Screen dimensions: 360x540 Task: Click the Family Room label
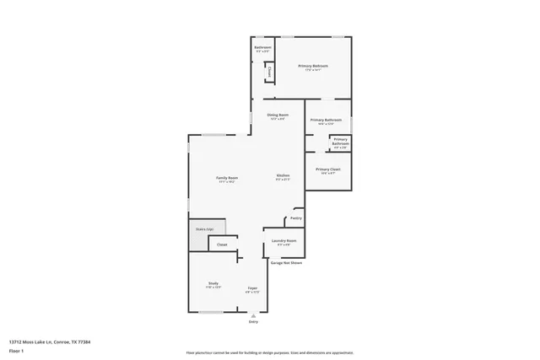click(x=227, y=178)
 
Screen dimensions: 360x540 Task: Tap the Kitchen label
click(x=283, y=175)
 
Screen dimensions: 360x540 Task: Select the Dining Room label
click(x=278, y=115)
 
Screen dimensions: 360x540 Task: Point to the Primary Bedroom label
click(x=313, y=66)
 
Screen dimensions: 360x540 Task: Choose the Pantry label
click(x=295, y=218)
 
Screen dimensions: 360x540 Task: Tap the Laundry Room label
click(x=283, y=241)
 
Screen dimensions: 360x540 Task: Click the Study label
click(x=213, y=283)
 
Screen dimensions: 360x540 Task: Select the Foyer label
click(x=252, y=288)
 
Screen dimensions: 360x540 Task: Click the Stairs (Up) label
click(x=204, y=228)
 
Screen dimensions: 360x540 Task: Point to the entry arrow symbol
click(x=252, y=315)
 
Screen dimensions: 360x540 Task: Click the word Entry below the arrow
click(x=252, y=322)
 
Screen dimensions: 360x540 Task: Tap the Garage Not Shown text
click(x=287, y=263)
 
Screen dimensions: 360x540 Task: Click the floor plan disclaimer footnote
click(x=269, y=352)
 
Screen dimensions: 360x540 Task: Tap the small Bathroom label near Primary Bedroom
click(x=263, y=48)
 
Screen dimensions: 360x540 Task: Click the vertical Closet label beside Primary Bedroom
click(x=270, y=73)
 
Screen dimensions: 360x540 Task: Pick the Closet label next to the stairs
click(x=223, y=244)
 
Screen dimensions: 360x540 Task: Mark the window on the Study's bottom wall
click(x=211, y=312)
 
